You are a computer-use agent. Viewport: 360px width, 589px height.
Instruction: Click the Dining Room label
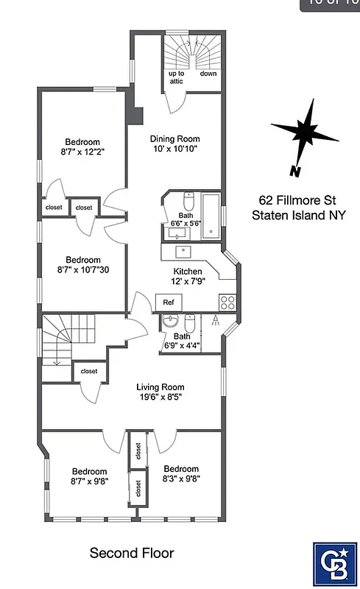(174, 144)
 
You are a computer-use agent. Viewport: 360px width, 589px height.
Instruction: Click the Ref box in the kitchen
(168, 302)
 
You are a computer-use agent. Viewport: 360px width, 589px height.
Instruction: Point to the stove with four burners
(227, 302)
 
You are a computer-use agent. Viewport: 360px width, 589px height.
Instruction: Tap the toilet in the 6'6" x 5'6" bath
(188, 202)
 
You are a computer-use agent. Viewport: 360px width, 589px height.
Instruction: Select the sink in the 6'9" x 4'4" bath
(171, 322)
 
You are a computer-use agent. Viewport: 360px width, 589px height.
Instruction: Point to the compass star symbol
(304, 133)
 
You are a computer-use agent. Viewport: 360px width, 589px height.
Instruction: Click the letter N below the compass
(294, 172)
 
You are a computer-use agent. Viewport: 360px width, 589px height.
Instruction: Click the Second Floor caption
(132, 552)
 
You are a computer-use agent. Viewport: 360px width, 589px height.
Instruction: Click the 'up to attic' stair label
(177, 78)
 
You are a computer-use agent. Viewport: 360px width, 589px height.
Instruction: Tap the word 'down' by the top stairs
(208, 74)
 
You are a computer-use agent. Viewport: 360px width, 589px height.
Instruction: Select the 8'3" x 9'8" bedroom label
(181, 473)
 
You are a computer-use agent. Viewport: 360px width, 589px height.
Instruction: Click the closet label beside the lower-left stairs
(89, 372)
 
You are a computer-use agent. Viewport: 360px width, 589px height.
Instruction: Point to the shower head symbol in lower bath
(214, 320)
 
